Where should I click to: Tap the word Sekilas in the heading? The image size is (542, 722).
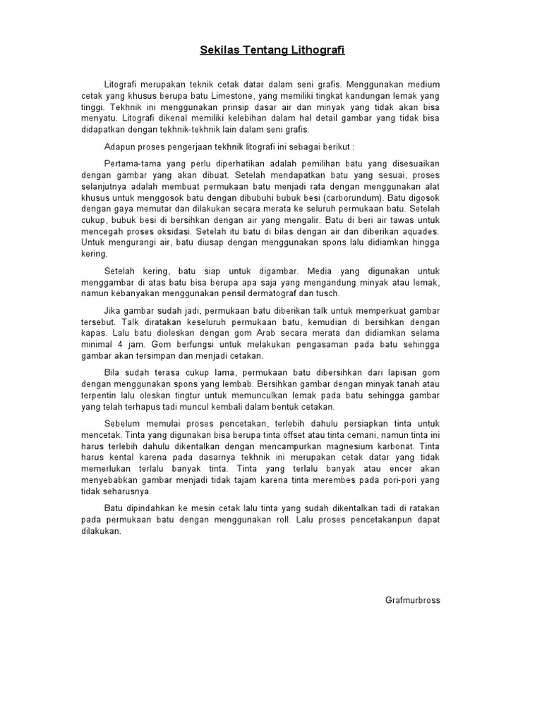point(219,51)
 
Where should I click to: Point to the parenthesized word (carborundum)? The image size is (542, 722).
point(347,198)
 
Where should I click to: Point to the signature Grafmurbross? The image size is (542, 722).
point(413,600)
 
